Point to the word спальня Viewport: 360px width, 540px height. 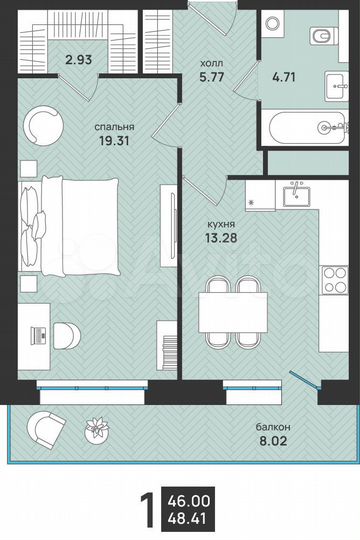click(116, 127)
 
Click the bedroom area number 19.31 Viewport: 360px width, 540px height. click(116, 142)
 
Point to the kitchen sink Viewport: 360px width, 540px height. click(296, 196)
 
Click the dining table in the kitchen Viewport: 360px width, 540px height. click(233, 310)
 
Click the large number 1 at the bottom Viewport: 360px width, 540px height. click(148, 510)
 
